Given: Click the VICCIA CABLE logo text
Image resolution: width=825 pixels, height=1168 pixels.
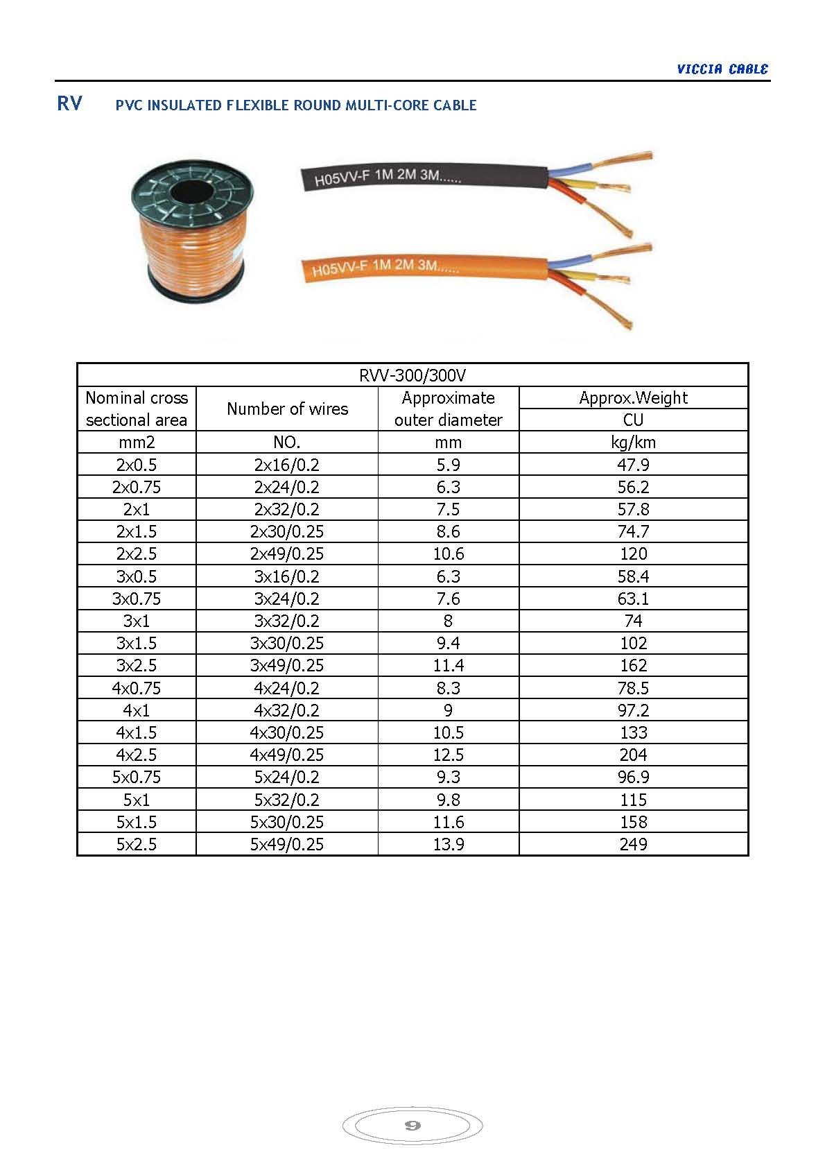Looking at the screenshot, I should [x=722, y=69].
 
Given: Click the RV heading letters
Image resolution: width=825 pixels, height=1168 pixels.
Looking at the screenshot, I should [x=69, y=103].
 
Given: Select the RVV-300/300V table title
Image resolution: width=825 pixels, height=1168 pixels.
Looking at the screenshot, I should [x=412, y=375].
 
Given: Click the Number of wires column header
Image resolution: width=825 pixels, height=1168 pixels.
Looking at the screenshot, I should [x=287, y=409].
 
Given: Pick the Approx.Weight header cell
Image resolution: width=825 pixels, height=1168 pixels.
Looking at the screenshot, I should [x=633, y=397].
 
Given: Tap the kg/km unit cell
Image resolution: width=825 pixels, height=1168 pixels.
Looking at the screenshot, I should [x=633, y=443].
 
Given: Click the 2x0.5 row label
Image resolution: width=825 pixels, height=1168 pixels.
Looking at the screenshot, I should [x=137, y=465].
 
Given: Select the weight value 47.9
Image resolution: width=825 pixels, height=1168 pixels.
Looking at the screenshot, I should [x=633, y=465].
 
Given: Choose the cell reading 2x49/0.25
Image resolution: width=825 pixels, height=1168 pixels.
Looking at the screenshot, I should [x=287, y=553].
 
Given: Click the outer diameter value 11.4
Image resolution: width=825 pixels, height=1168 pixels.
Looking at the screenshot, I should [x=448, y=665].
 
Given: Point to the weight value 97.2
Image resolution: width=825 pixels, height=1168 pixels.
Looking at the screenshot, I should [x=633, y=710].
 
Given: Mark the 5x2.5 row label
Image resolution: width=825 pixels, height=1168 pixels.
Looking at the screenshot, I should [x=137, y=844].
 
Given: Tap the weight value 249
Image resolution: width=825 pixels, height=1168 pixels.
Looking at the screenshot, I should [x=633, y=844].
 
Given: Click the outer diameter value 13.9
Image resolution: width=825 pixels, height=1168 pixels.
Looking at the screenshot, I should [x=448, y=844].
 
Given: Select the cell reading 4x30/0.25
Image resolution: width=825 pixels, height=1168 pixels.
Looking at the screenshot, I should [x=287, y=732].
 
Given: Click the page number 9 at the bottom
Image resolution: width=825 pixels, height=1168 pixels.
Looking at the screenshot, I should [x=412, y=1125].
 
